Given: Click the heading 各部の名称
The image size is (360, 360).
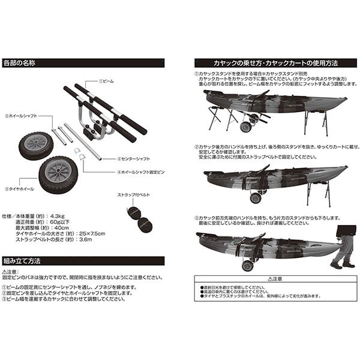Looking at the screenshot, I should coord(21,62).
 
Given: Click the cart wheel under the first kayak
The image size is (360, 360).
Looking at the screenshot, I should coord(246,127).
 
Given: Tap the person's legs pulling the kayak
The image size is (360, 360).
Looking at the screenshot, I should coord(343,253).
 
